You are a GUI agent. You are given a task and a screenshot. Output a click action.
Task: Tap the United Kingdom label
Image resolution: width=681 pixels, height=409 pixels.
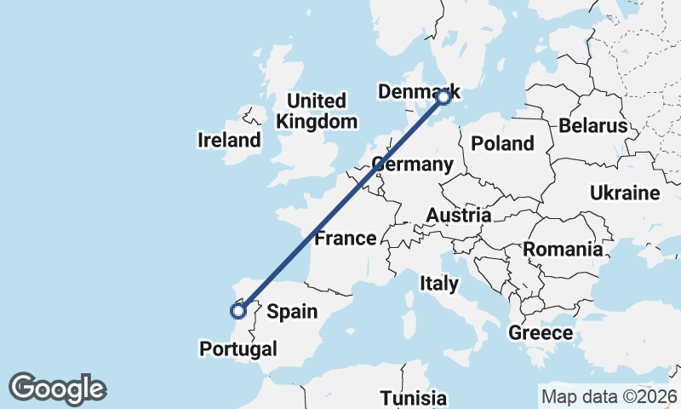(317, 111)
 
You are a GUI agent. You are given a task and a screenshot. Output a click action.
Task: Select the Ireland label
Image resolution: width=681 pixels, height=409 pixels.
(229, 140)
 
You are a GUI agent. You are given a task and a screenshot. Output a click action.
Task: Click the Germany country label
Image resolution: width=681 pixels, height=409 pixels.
(412, 164)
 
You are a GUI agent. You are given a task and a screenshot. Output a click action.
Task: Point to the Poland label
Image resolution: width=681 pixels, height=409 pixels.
(502, 143)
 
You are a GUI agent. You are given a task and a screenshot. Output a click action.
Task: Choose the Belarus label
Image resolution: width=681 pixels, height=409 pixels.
(593, 126)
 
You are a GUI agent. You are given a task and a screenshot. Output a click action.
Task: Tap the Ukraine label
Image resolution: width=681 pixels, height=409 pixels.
(625, 193)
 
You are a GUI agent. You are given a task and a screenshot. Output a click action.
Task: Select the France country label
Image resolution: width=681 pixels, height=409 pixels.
(345, 238)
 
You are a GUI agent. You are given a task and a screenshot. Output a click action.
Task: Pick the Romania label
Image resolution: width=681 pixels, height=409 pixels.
(563, 250)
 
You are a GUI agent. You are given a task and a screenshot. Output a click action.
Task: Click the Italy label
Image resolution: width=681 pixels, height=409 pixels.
(439, 283)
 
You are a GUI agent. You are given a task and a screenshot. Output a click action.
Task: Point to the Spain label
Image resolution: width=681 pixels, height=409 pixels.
(292, 312)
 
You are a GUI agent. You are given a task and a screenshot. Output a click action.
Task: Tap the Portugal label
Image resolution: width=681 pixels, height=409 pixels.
(238, 349)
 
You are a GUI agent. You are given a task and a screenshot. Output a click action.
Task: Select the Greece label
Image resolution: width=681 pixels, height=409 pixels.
(541, 332)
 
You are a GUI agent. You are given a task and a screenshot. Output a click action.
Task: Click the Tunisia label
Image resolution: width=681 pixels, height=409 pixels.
(414, 398)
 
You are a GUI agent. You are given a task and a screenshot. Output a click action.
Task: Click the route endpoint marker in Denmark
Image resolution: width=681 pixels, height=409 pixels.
(444, 97)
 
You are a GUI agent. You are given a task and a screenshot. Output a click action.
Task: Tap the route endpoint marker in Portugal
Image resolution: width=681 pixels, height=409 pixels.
(238, 310)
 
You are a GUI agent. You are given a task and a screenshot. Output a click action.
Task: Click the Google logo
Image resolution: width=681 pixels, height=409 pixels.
(57, 389)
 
